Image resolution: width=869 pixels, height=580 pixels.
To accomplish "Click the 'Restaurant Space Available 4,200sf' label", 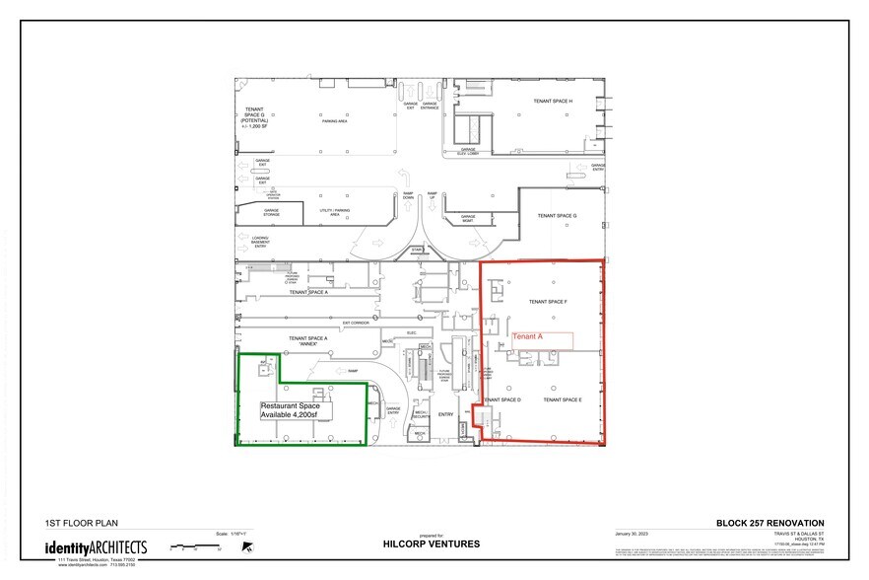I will (296, 410).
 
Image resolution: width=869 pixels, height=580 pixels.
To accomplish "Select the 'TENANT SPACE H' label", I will (553, 102).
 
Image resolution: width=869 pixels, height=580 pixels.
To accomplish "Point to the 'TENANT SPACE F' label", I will (549, 302).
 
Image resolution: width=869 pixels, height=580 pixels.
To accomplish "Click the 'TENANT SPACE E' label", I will (564, 399).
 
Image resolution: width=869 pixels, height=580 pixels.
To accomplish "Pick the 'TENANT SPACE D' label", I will (502, 399).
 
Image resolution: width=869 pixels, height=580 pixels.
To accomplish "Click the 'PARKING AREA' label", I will (337, 121).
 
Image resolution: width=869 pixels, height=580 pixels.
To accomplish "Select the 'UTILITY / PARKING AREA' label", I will (335, 213).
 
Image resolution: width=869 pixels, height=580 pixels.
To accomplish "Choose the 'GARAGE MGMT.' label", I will (468, 218).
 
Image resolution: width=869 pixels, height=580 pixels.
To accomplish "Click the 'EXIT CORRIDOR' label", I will (355, 323).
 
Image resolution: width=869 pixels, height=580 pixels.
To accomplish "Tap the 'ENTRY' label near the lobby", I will (444, 414).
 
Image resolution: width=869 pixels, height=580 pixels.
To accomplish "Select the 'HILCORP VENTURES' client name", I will (431, 544).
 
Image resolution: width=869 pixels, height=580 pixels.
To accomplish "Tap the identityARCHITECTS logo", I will (96, 546).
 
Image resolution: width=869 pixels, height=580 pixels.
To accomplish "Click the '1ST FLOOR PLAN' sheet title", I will (75, 523).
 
